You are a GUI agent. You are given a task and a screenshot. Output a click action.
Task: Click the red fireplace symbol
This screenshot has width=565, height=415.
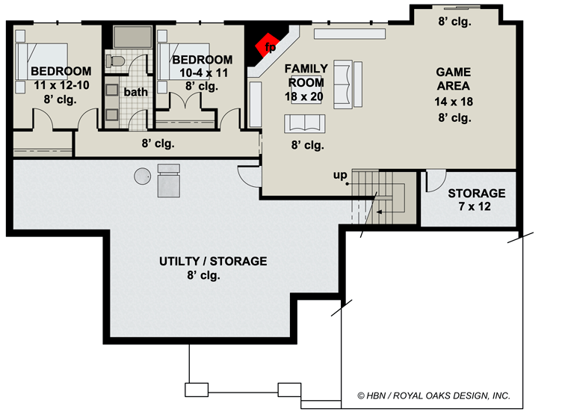tap(266, 46)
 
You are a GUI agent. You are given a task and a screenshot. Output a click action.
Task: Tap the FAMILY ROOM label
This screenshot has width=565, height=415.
tap(306, 75)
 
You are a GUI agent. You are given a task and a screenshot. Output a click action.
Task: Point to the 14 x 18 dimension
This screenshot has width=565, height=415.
tap(454, 102)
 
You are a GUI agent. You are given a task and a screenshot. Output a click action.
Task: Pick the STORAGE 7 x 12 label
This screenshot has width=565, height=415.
tap(476, 200)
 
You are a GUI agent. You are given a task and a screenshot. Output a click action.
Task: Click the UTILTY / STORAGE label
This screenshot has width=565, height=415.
tap(213, 261)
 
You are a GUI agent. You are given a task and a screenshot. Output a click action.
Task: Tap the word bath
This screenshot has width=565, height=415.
tap(136, 92)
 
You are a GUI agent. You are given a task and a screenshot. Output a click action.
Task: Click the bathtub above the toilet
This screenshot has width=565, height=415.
tap(132, 36)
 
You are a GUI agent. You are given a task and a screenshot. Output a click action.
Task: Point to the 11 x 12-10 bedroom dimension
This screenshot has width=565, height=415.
tap(60, 86)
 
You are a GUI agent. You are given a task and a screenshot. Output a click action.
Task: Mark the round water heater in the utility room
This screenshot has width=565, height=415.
tap(142, 176)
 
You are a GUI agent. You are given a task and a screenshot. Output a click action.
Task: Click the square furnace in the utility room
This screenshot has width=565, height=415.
tap(169, 182)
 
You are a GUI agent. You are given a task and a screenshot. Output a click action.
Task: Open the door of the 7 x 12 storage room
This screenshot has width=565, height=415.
tap(432, 182)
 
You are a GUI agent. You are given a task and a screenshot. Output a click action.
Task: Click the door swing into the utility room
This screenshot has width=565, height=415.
tap(247, 176)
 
